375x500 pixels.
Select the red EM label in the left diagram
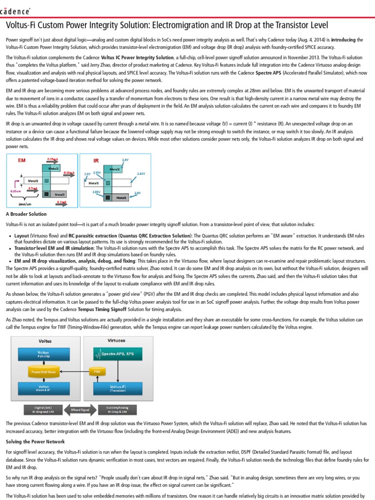point(22,160)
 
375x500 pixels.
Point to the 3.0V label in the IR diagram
point(87,174)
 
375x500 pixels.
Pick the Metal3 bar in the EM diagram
point(61,194)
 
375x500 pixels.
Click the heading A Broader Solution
point(26,214)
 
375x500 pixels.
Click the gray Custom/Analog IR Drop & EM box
point(113,409)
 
